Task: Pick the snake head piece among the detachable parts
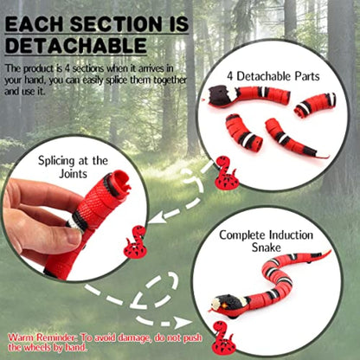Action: (228, 96)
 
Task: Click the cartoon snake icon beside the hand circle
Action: (135, 244)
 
